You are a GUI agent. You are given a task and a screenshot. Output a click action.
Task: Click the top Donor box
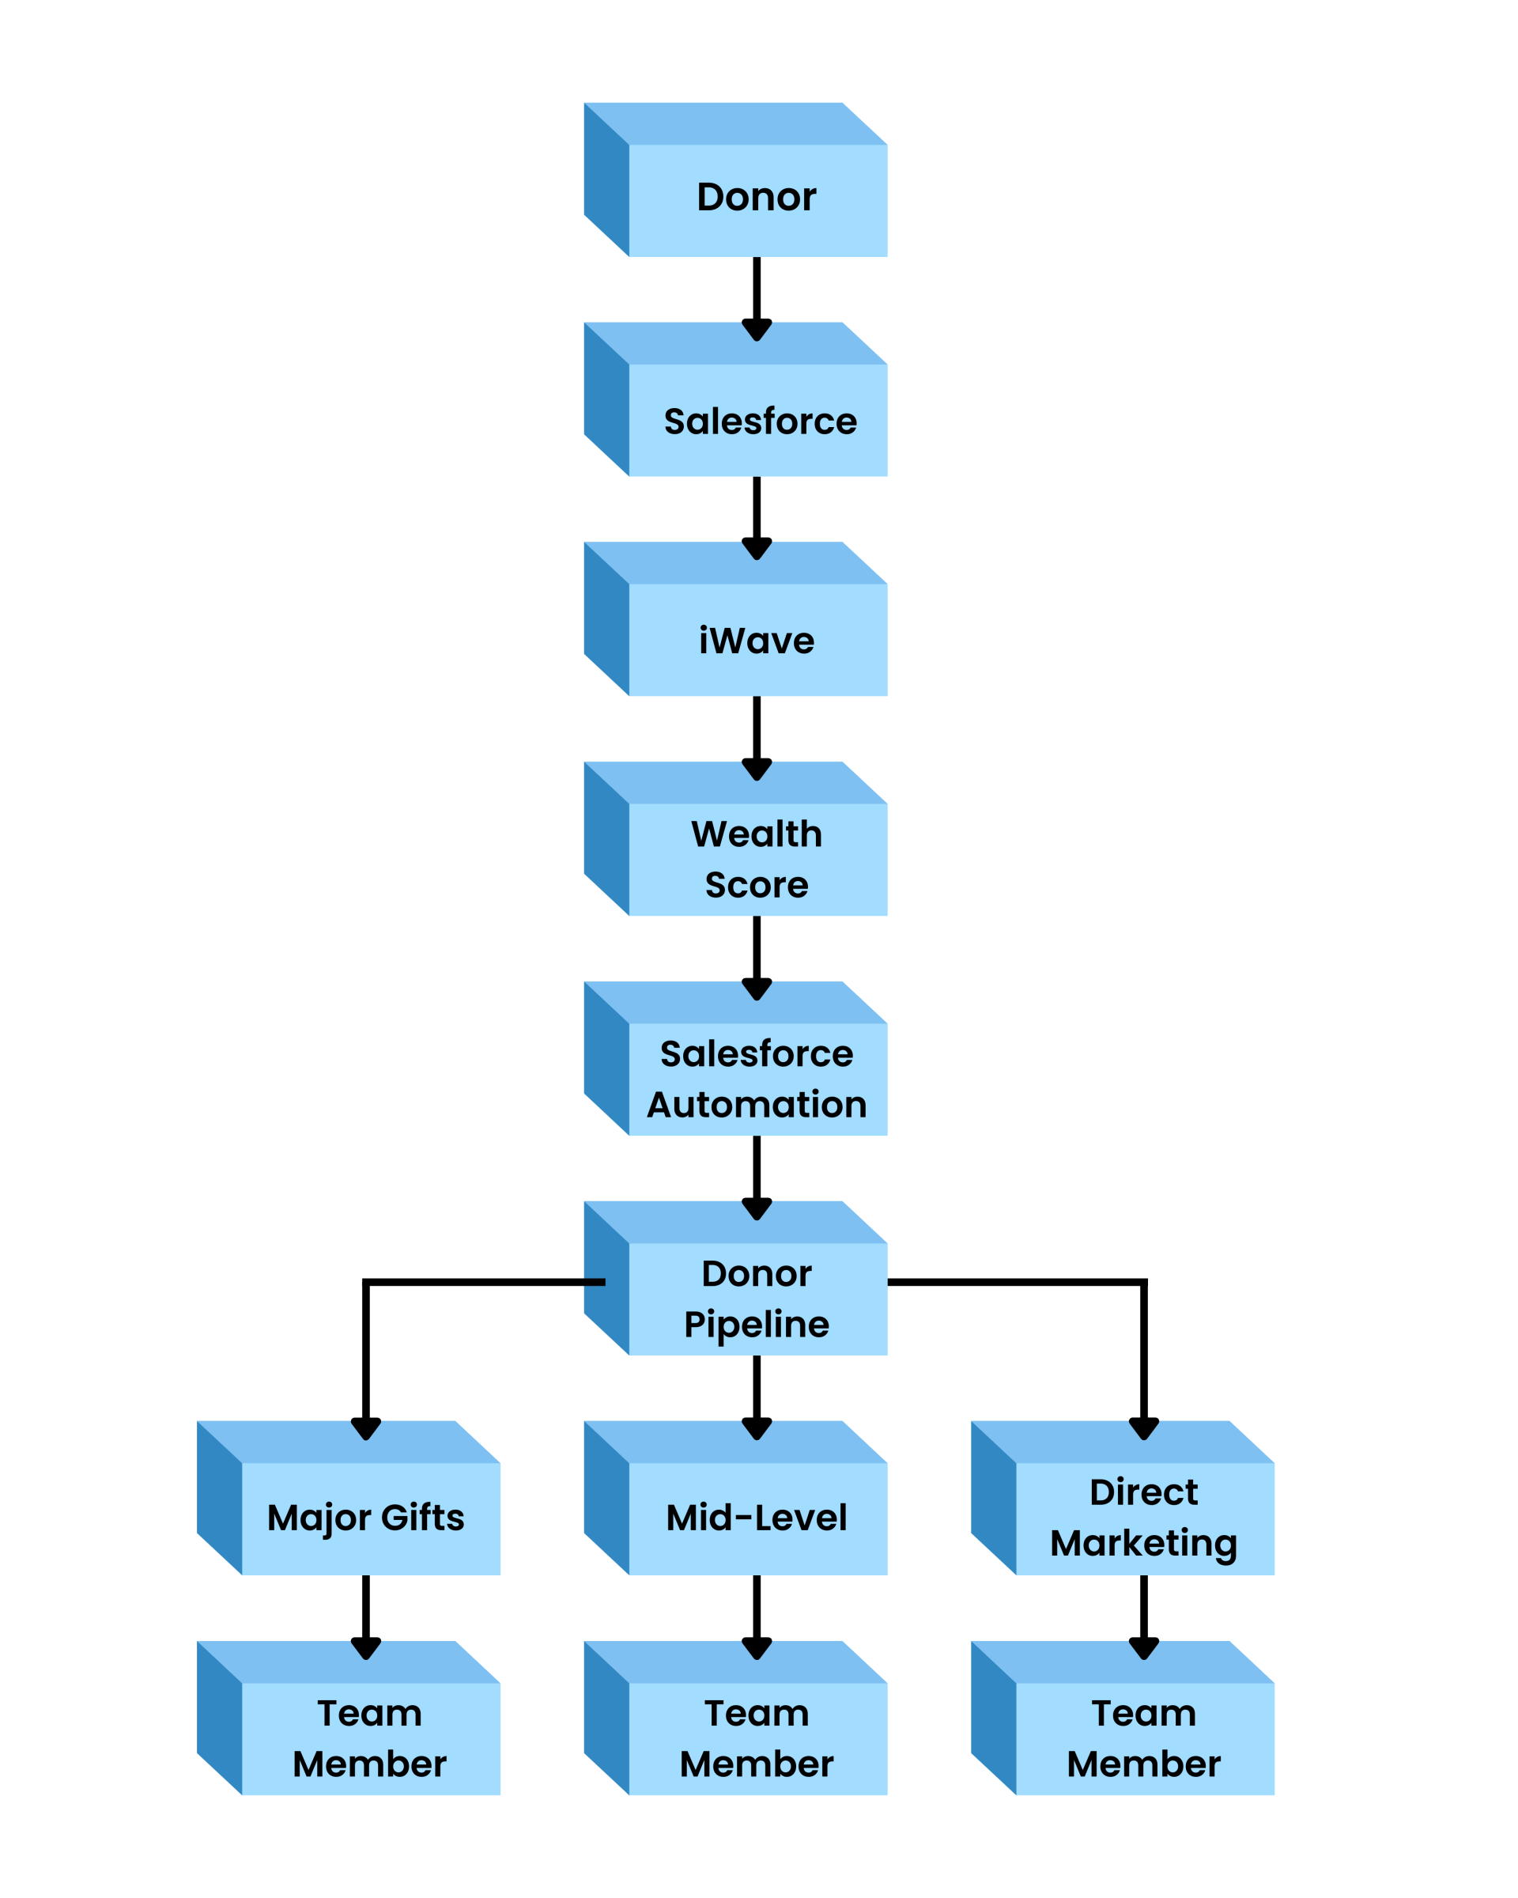tap(736, 180)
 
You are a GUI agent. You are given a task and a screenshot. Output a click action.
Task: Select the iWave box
tap(736, 619)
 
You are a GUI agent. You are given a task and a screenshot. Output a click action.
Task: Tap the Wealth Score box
tap(736, 838)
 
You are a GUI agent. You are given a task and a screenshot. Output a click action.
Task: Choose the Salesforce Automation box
tap(736, 1058)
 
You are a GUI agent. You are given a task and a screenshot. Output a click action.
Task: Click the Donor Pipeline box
tap(736, 1278)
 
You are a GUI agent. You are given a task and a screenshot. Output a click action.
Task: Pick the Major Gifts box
tap(349, 1498)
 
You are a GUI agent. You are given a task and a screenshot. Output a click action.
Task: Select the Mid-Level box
tap(736, 1498)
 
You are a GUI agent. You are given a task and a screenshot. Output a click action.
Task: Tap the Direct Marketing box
tap(1123, 1498)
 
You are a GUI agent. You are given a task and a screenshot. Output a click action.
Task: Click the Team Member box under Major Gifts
tap(349, 1718)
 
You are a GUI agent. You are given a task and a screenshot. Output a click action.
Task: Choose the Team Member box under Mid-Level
tap(736, 1718)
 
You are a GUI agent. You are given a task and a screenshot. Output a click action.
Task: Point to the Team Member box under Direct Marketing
tap(1123, 1718)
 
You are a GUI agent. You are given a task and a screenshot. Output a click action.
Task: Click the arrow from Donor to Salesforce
tap(757, 299)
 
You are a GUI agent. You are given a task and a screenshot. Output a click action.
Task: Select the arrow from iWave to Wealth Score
tap(757, 739)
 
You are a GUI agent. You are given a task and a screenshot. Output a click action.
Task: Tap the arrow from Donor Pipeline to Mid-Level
tap(757, 1398)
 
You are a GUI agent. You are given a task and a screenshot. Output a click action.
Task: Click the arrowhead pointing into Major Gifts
tap(366, 1429)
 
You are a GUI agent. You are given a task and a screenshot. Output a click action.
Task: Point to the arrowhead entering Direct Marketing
tap(1144, 1429)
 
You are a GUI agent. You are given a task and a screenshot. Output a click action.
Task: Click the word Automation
tap(757, 1105)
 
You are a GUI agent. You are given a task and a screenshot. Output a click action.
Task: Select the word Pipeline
tap(757, 1325)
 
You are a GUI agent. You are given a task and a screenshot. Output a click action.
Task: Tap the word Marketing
tap(1144, 1545)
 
